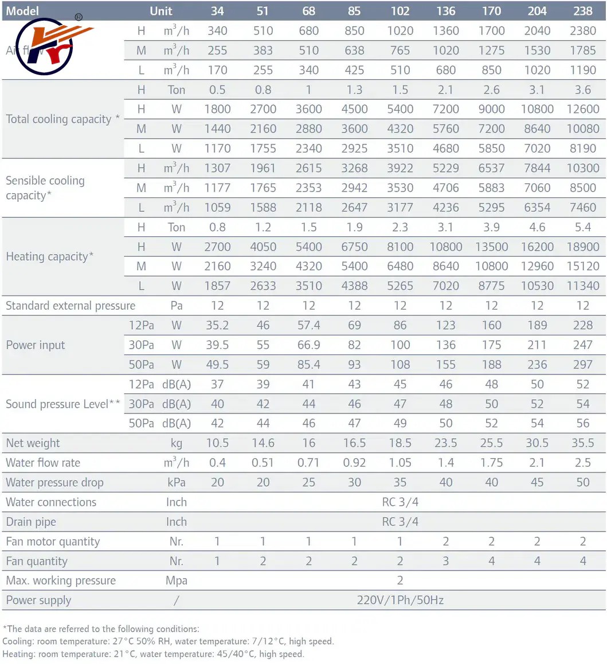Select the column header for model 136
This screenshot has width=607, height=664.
(x=445, y=11)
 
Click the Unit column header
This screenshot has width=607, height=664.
(x=161, y=11)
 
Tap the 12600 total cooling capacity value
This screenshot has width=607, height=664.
(x=582, y=110)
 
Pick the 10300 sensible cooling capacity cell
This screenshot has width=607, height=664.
(x=582, y=169)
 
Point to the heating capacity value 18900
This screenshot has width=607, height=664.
(x=582, y=247)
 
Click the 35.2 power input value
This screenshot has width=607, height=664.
(x=217, y=326)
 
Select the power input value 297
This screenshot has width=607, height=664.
(x=582, y=365)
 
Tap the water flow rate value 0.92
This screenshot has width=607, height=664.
(x=354, y=463)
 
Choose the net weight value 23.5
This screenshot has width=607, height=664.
(x=445, y=443)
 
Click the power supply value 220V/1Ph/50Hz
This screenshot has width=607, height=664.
(x=400, y=600)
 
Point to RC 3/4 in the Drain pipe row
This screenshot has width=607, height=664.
(x=400, y=522)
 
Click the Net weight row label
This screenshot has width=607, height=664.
(x=33, y=443)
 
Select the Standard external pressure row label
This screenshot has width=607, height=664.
(x=71, y=306)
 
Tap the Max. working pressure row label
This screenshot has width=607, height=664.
(x=61, y=581)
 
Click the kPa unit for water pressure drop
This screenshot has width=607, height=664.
(x=177, y=482)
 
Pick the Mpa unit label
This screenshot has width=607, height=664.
(x=177, y=581)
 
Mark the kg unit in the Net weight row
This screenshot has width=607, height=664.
(x=177, y=443)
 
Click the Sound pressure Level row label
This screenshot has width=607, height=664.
(x=63, y=404)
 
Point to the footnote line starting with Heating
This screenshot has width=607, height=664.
(x=153, y=654)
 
